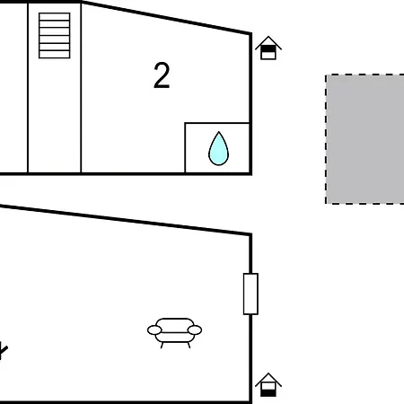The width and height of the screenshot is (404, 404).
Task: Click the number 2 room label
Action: point(162,75)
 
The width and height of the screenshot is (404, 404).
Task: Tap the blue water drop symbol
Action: point(218,149)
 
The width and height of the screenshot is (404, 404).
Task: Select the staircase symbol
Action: point(55,35)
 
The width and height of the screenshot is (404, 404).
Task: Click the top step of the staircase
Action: point(55,16)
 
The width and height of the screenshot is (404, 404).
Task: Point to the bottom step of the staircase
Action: point(55,54)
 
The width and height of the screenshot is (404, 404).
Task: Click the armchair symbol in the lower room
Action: point(174,333)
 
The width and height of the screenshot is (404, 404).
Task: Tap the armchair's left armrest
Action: point(154,330)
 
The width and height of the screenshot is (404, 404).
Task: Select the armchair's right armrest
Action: point(195,330)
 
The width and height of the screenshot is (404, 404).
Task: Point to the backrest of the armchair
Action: point(175,325)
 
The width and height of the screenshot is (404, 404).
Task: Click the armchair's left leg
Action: point(162,346)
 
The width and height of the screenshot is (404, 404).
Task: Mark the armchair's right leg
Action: point(189,346)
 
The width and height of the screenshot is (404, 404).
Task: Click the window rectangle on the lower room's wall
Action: point(250,294)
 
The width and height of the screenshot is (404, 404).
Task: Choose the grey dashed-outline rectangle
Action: point(364,139)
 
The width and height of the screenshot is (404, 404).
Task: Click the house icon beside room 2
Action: point(268,48)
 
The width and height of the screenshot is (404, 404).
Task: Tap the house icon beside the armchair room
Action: point(268,385)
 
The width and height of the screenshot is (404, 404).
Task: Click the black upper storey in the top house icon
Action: point(268,48)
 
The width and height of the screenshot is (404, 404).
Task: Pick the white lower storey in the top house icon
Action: point(268,56)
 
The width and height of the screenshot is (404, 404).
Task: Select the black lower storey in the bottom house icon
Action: point(268,392)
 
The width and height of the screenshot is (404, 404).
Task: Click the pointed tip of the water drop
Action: point(219,132)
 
